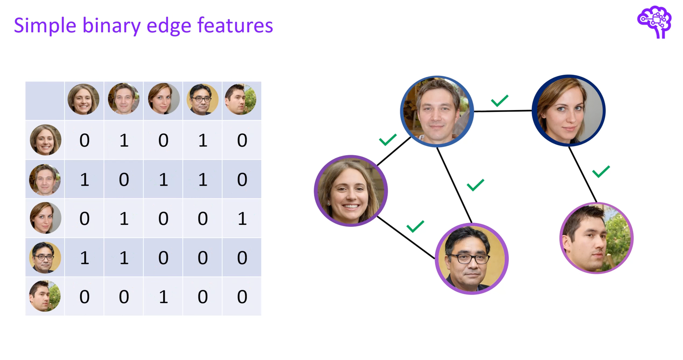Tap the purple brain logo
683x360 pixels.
655,21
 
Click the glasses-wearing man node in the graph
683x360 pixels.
471,259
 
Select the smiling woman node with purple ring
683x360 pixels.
351,191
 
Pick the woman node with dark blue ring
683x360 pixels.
569,111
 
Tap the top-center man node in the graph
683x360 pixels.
437,111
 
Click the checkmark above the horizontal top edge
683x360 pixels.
499,100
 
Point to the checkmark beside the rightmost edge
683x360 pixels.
601,171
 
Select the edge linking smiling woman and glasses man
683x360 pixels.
406,237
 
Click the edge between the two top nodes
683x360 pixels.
503,111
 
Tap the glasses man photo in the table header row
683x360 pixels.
203,100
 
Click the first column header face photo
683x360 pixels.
83,100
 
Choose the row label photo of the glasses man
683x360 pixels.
45,258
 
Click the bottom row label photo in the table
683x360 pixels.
45,296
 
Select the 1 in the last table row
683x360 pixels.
163,297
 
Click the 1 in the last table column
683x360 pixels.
242,219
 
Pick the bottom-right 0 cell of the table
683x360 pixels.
242,297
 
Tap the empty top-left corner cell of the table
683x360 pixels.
45,100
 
